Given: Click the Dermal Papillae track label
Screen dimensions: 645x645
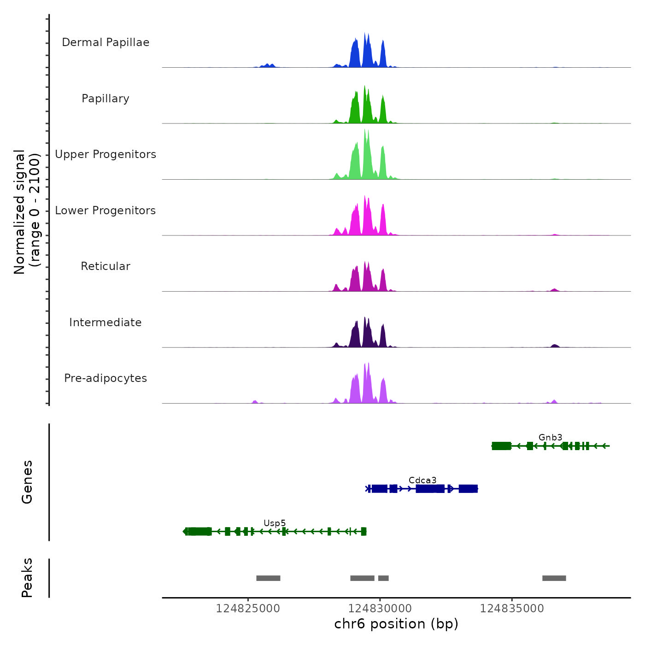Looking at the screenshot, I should point(106,42).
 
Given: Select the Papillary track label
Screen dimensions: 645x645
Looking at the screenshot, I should point(106,99).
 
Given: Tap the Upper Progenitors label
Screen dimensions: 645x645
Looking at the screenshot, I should point(106,154).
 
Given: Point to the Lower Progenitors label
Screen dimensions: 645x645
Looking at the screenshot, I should point(106,211).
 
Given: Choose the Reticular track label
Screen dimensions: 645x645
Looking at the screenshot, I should point(106,266).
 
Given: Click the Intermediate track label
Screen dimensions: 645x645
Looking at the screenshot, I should point(106,322).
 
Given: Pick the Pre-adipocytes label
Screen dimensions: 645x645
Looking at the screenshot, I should point(106,378).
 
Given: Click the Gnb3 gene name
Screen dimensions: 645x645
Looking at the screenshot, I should point(550,437).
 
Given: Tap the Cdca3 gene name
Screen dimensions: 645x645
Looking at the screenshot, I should point(422,480).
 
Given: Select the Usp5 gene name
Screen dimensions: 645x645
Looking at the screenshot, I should point(275,523).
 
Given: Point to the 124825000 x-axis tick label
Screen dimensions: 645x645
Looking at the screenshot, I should point(248,609).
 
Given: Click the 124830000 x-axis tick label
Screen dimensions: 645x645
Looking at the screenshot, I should point(380,609).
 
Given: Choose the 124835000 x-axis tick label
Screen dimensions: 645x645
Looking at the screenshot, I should point(512,609).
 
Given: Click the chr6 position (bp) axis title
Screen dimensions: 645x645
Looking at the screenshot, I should point(396,624).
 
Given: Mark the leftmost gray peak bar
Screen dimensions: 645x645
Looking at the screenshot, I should point(268,578).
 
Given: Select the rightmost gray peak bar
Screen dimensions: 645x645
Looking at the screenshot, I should point(554,578).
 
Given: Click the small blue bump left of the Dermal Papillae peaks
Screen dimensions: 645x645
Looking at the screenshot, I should point(268,65).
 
